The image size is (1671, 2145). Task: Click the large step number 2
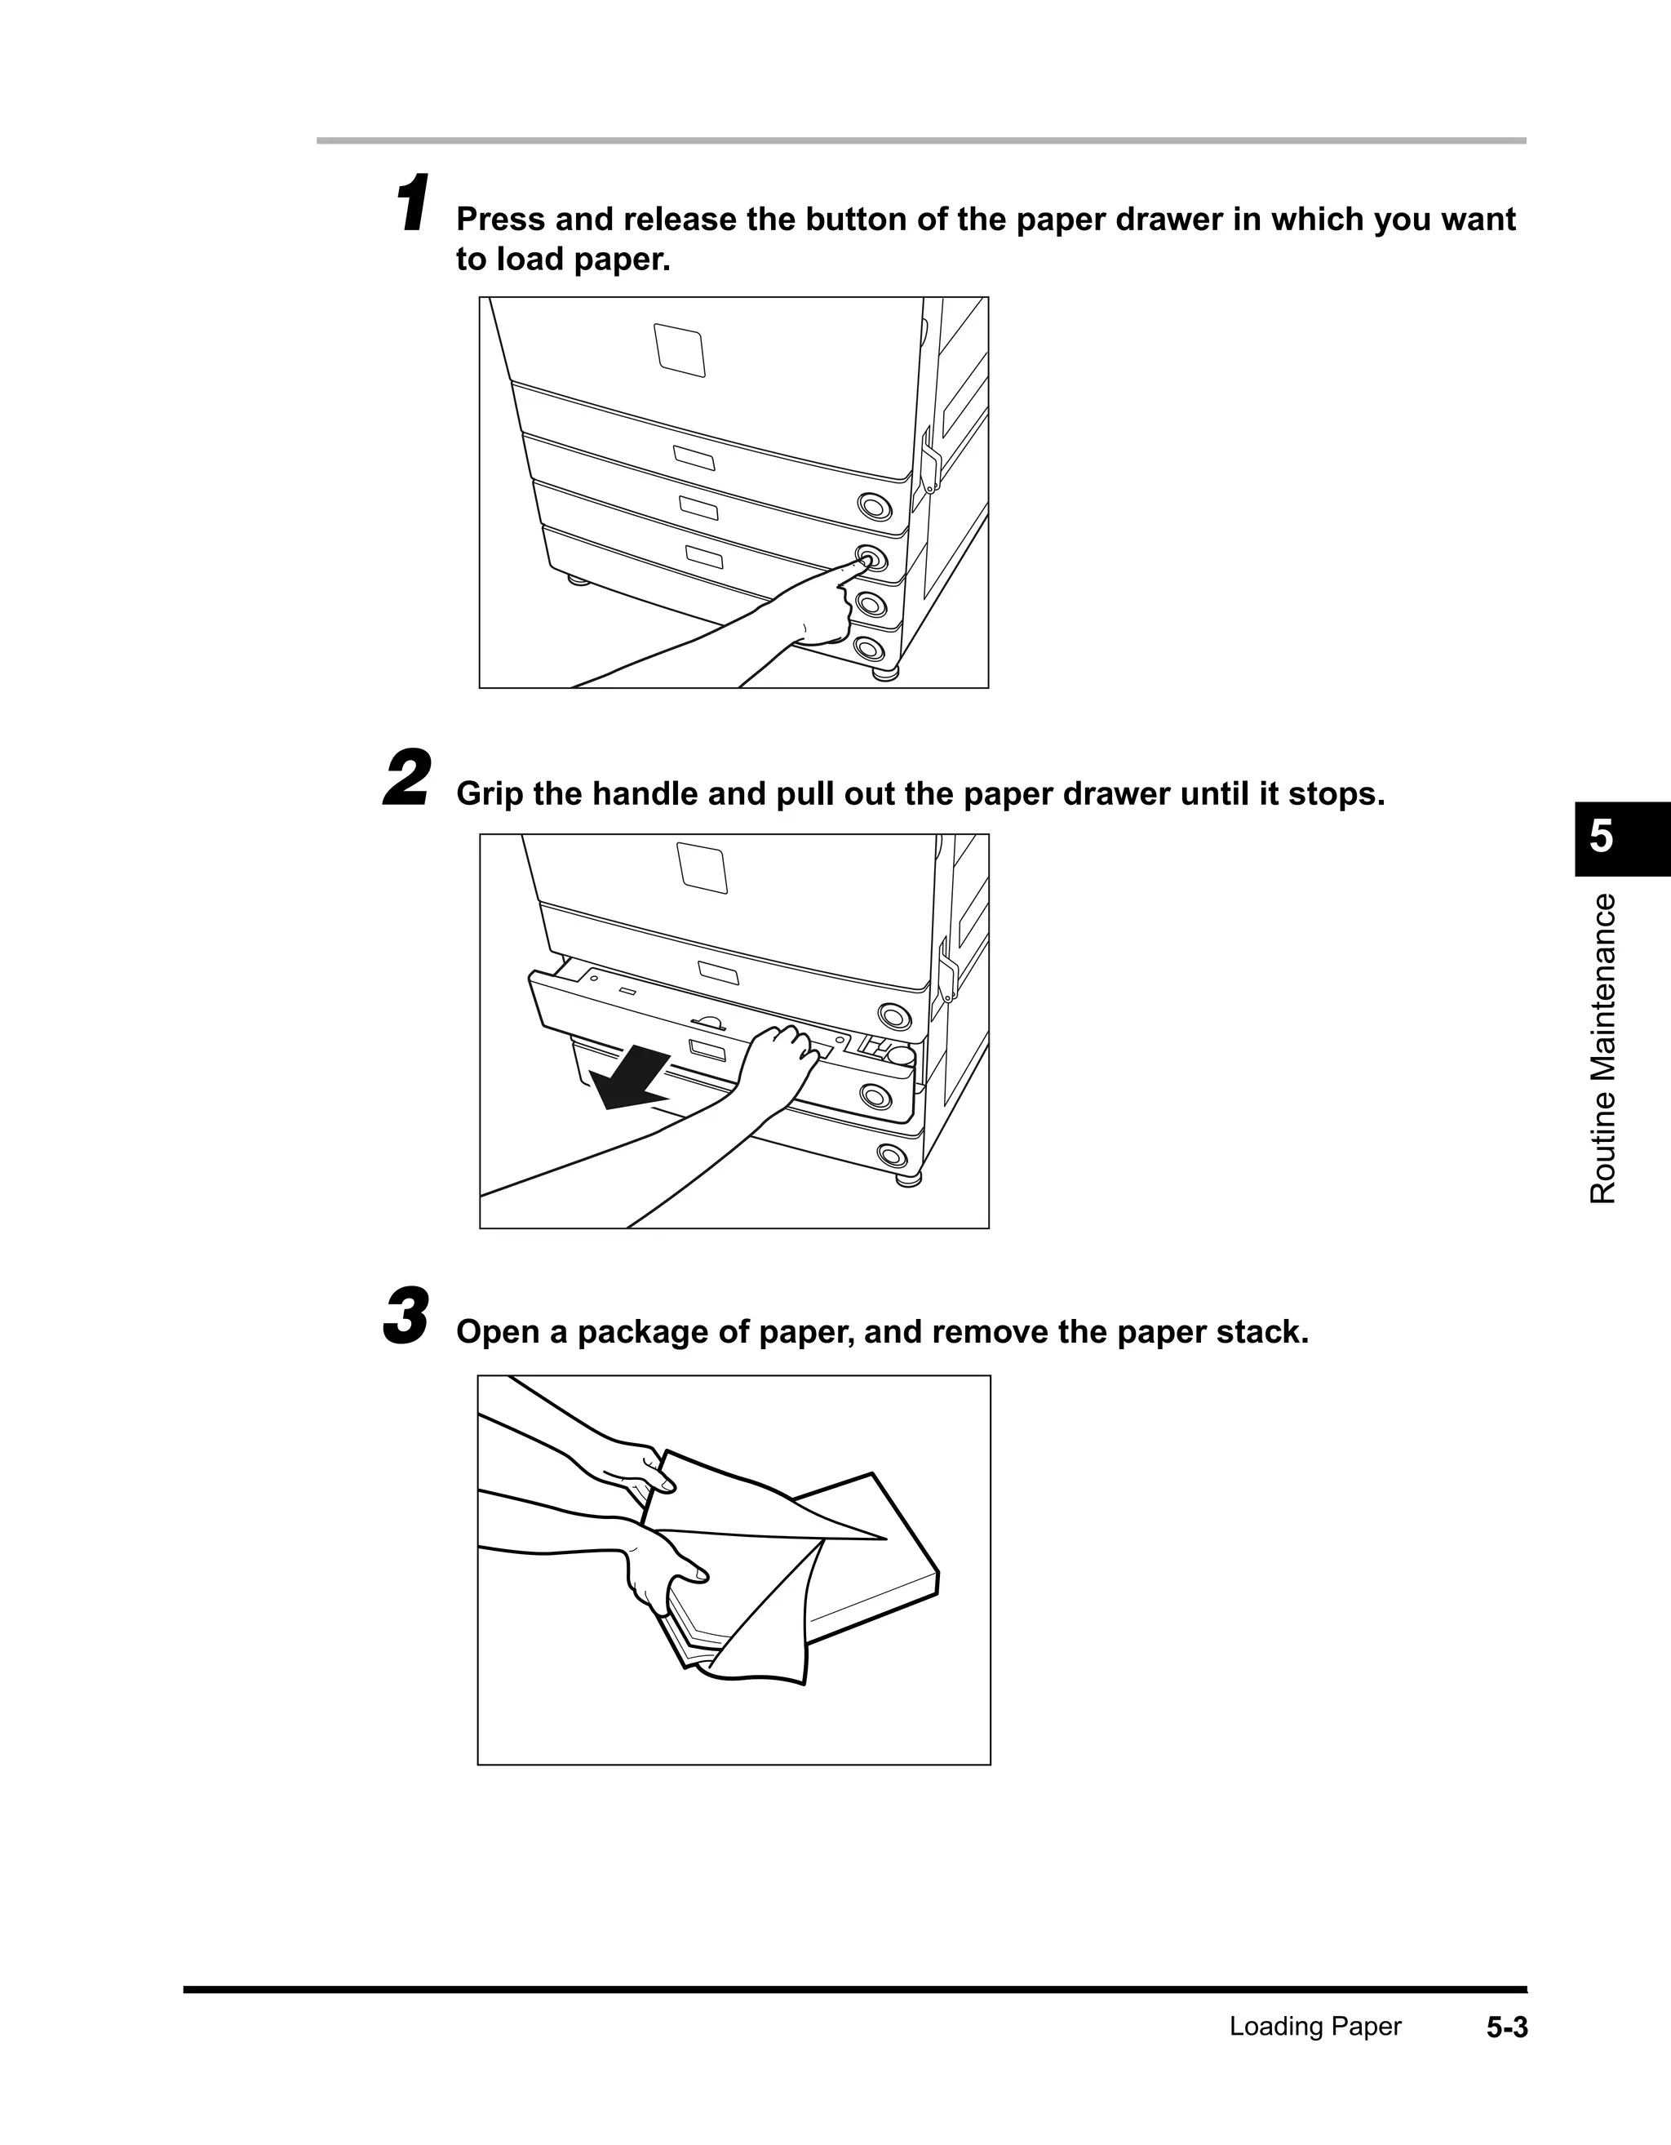point(406,778)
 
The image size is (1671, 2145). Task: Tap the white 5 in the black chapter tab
point(1602,837)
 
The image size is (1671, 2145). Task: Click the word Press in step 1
point(501,219)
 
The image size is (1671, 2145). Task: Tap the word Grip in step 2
point(490,793)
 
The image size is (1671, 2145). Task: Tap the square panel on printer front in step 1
point(680,349)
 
